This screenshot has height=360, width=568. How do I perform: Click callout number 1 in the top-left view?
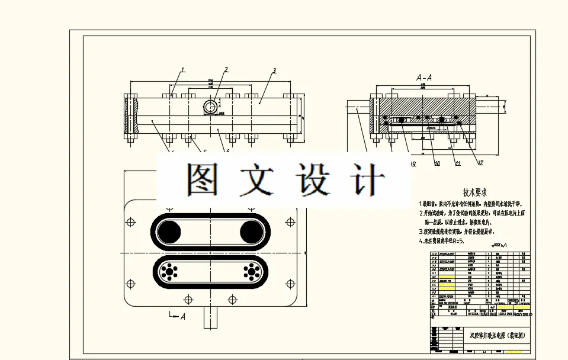(x=183, y=70)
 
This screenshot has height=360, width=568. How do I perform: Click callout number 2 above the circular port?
(x=226, y=70)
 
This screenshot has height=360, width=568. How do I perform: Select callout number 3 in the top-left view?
(x=274, y=70)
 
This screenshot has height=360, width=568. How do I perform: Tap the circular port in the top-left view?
(x=210, y=107)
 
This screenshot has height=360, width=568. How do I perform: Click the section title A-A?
(x=424, y=78)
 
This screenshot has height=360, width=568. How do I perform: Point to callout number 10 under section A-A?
(x=437, y=163)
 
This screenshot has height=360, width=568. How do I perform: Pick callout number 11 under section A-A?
(x=458, y=163)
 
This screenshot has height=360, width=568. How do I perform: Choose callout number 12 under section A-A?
(x=480, y=163)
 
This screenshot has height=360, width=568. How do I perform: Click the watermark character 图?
(x=202, y=179)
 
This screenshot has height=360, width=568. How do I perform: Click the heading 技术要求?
(x=474, y=192)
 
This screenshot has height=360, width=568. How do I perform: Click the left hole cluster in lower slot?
(x=171, y=272)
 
